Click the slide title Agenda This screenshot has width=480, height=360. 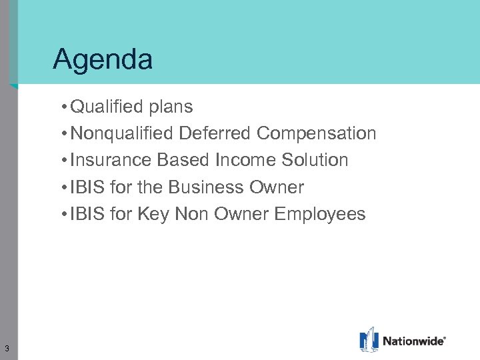click(103, 60)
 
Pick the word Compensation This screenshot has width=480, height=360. click(316, 134)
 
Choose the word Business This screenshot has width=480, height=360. click(206, 187)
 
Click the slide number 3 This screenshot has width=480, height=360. click(6, 348)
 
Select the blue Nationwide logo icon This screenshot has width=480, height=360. click(369, 339)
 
